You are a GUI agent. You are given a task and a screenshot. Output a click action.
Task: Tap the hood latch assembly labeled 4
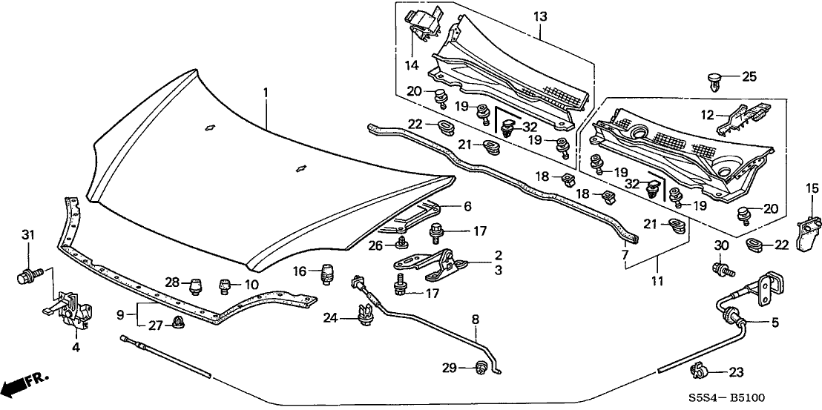70,308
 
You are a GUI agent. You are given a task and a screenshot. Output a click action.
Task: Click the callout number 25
749,76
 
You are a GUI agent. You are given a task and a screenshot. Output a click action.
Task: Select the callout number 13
539,16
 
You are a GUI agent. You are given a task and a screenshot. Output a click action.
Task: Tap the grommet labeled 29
481,366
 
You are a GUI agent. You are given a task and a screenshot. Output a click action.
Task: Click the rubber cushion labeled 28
195,285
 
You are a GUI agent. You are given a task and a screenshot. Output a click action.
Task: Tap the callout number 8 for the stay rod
476,320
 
